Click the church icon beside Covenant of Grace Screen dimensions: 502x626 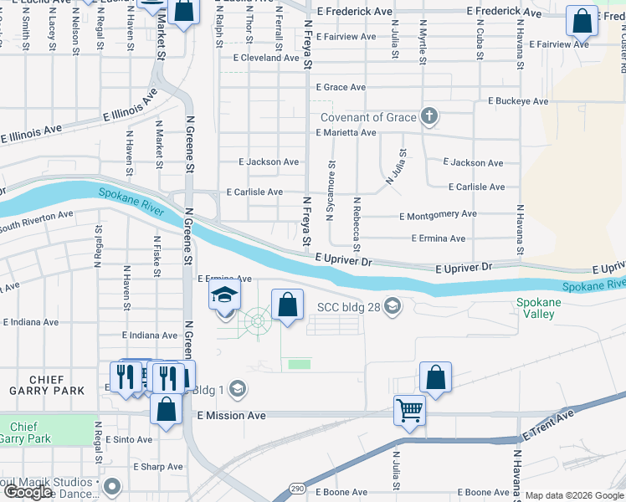coord(428,117)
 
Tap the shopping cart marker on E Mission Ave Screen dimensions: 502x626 coord(410,409)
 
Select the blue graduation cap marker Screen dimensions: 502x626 coord(224,295)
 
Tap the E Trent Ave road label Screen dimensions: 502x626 coord(548,425)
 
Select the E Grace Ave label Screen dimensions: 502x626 coord(341,87)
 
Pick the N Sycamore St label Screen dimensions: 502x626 coord(332,186)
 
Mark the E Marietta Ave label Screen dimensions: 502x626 coord(346,132)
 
